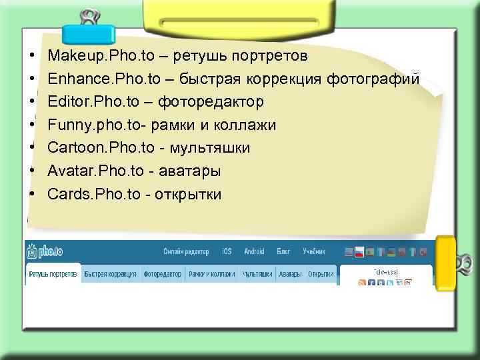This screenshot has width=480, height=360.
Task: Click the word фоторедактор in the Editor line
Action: tap(209, 102)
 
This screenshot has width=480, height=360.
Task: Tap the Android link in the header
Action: tap(254, 252)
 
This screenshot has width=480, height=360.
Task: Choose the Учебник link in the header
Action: tap(314, 252)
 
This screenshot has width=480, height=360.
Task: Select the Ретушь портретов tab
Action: tap(53, 274)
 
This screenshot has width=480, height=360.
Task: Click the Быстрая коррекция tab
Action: tap(111, 274)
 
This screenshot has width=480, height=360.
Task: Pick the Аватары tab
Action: tap(290, 274)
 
